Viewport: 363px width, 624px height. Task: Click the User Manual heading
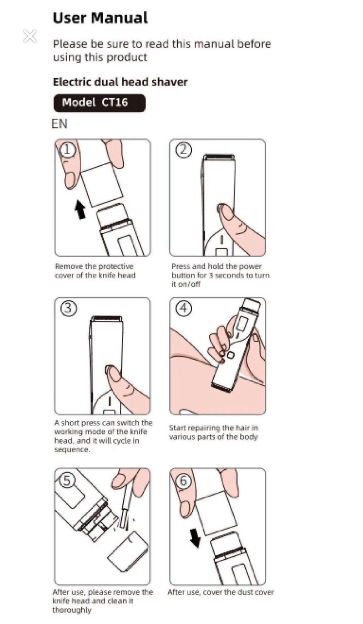click(100, 18)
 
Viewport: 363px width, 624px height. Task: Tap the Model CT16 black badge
click(99, 103)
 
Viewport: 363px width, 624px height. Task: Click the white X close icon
click(30, 36)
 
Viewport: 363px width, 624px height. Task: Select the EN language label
click(59, 124)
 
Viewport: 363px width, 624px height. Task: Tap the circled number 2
click(184, 150)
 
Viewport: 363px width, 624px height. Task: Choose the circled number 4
click(184, 308)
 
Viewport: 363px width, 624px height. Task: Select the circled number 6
click(183, 481)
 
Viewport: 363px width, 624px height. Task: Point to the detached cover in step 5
click(128, 552)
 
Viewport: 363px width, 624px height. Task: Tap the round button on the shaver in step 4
click(230, 355)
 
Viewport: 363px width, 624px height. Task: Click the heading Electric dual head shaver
click(120, 82)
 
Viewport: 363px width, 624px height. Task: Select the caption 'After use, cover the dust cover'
click(221, 592)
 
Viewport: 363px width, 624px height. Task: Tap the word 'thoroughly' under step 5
click(72, 610)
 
